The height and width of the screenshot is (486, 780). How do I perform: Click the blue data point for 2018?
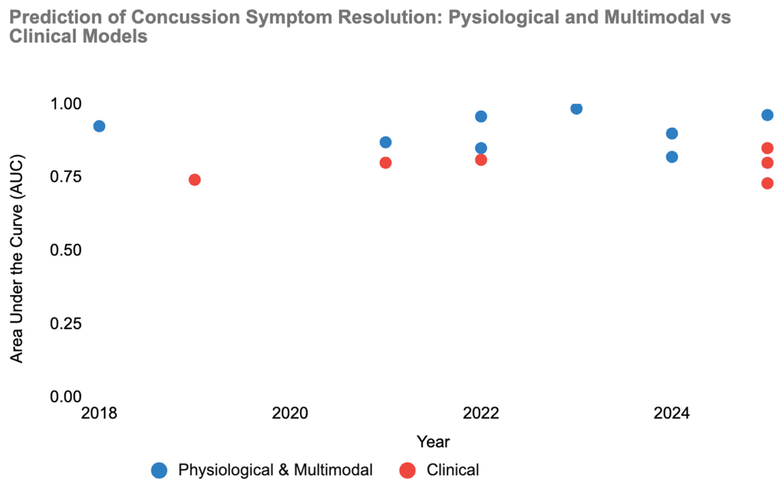pos(99,126)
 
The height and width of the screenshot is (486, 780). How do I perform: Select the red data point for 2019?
pos(195,180)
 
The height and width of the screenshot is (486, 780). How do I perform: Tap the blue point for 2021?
pos(385,142)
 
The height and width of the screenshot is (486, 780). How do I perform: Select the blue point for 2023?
pos(576,109)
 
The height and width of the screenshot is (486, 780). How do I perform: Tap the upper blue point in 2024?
pos(672,133)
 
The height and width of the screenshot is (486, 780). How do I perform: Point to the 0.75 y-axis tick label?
pos(66,177)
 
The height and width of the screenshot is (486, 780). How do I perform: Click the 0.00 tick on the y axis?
pos(66,397)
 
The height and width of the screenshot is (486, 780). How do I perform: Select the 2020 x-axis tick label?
pos(290,413)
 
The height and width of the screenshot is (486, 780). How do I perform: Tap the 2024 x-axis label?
pos(672,413)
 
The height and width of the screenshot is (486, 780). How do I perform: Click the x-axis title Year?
pos(433,441)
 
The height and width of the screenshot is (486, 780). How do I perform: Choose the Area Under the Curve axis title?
pos(16,259)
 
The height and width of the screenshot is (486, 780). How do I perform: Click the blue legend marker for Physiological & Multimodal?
pos(159,470)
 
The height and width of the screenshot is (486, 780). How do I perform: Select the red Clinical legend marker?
pos(407,470)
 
